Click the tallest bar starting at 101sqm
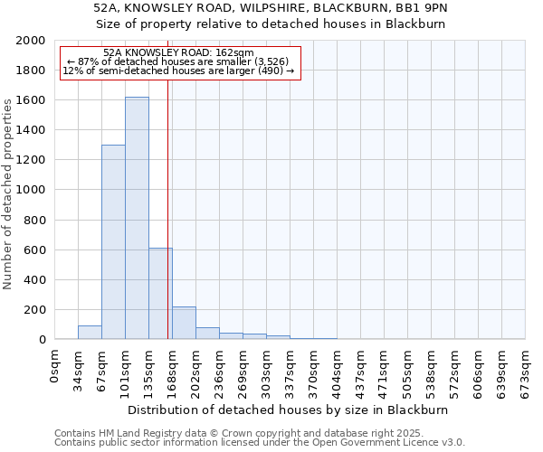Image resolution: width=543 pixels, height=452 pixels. tap(137, 218)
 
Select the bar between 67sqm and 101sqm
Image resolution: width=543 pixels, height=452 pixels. tap(113, 242)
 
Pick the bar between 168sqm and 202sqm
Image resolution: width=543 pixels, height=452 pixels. tap(184, 323)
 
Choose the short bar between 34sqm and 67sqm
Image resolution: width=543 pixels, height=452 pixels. tap(90, 332)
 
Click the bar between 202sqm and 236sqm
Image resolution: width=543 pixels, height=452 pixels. tap(207, 333)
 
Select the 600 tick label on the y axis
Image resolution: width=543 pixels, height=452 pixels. tap(34, 250)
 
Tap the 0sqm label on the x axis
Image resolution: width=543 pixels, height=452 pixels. tap(55, 367)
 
